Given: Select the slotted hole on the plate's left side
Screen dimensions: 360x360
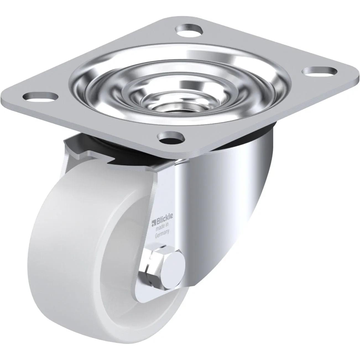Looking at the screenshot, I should pos(41,97).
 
